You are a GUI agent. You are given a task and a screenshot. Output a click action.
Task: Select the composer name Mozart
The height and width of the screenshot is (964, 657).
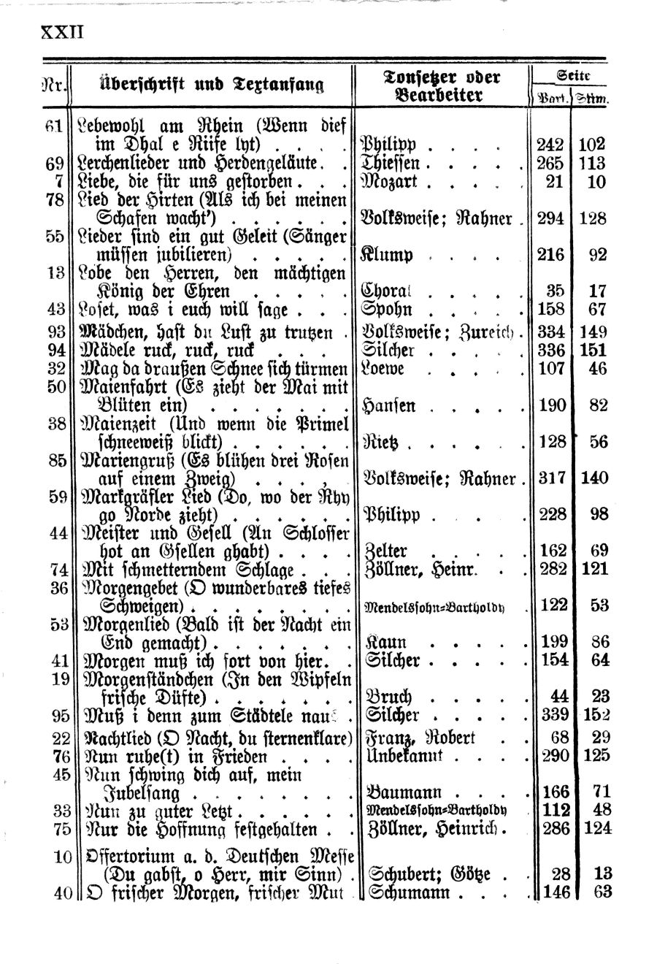tap(393, 181)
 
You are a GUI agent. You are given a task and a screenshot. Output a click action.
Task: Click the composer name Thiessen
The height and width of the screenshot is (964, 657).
tap(396, 163)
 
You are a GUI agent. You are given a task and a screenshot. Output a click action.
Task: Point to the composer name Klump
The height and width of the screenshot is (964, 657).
tap(388, 255)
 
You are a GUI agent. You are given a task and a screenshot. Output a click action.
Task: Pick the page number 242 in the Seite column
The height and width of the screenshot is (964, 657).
tap(550, 145)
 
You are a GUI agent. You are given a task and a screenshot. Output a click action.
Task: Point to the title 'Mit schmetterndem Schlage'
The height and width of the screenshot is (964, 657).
tap(189, 569)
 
